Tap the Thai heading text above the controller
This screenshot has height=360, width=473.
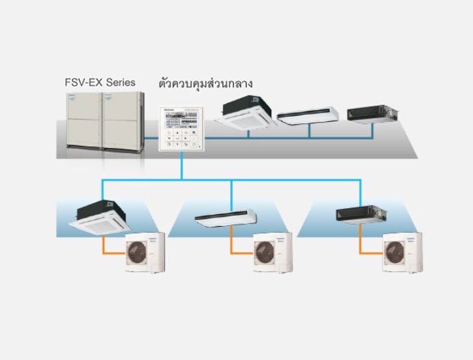tap(206, 84)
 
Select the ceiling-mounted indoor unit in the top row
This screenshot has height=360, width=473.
tap(308, 115)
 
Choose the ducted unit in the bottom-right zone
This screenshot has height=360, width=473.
tap(358, 214)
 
